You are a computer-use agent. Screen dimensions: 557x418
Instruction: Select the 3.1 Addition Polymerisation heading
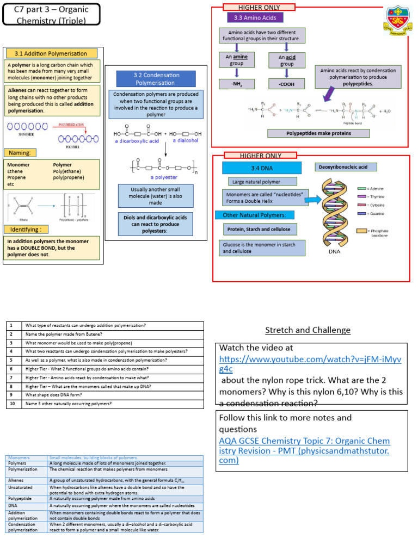(52, 53)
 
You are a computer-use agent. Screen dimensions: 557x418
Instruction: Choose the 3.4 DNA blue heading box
(262, 168)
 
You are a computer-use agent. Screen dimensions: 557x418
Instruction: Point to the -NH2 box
(236, 84)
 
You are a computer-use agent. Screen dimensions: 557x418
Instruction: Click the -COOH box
(287, 84)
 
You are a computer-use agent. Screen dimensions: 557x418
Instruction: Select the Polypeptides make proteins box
(318, 133)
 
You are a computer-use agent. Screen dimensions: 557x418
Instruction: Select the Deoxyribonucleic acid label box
(346, 167)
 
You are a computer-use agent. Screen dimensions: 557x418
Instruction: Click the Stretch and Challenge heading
(308, 330)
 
